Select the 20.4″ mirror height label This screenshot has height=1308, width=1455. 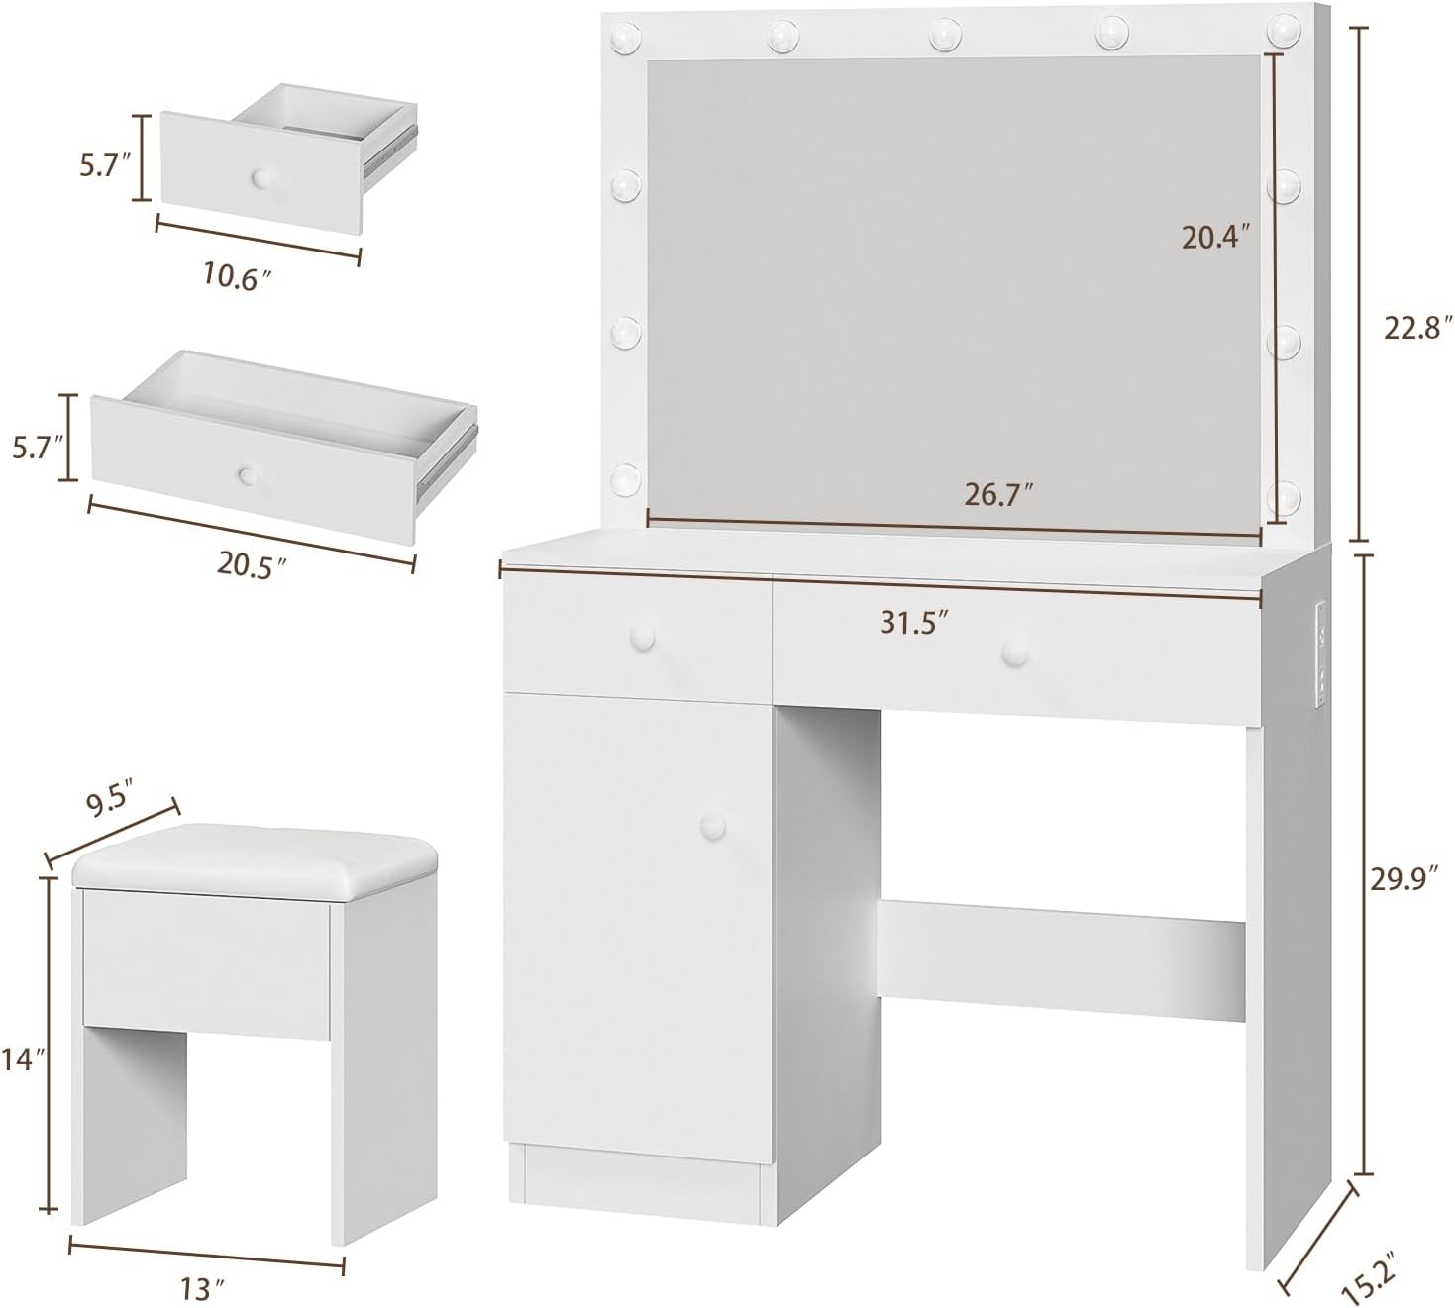pos(1216,237)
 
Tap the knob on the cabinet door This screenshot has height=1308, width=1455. pos(713,825)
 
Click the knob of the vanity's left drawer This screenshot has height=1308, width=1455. pos(643,638)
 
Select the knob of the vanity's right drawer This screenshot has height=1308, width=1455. pos(1014,654)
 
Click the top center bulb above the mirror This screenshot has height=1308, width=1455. pos(945,35)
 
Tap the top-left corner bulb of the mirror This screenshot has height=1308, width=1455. pos(626,37)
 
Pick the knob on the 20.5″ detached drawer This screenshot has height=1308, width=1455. pos(248,475)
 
